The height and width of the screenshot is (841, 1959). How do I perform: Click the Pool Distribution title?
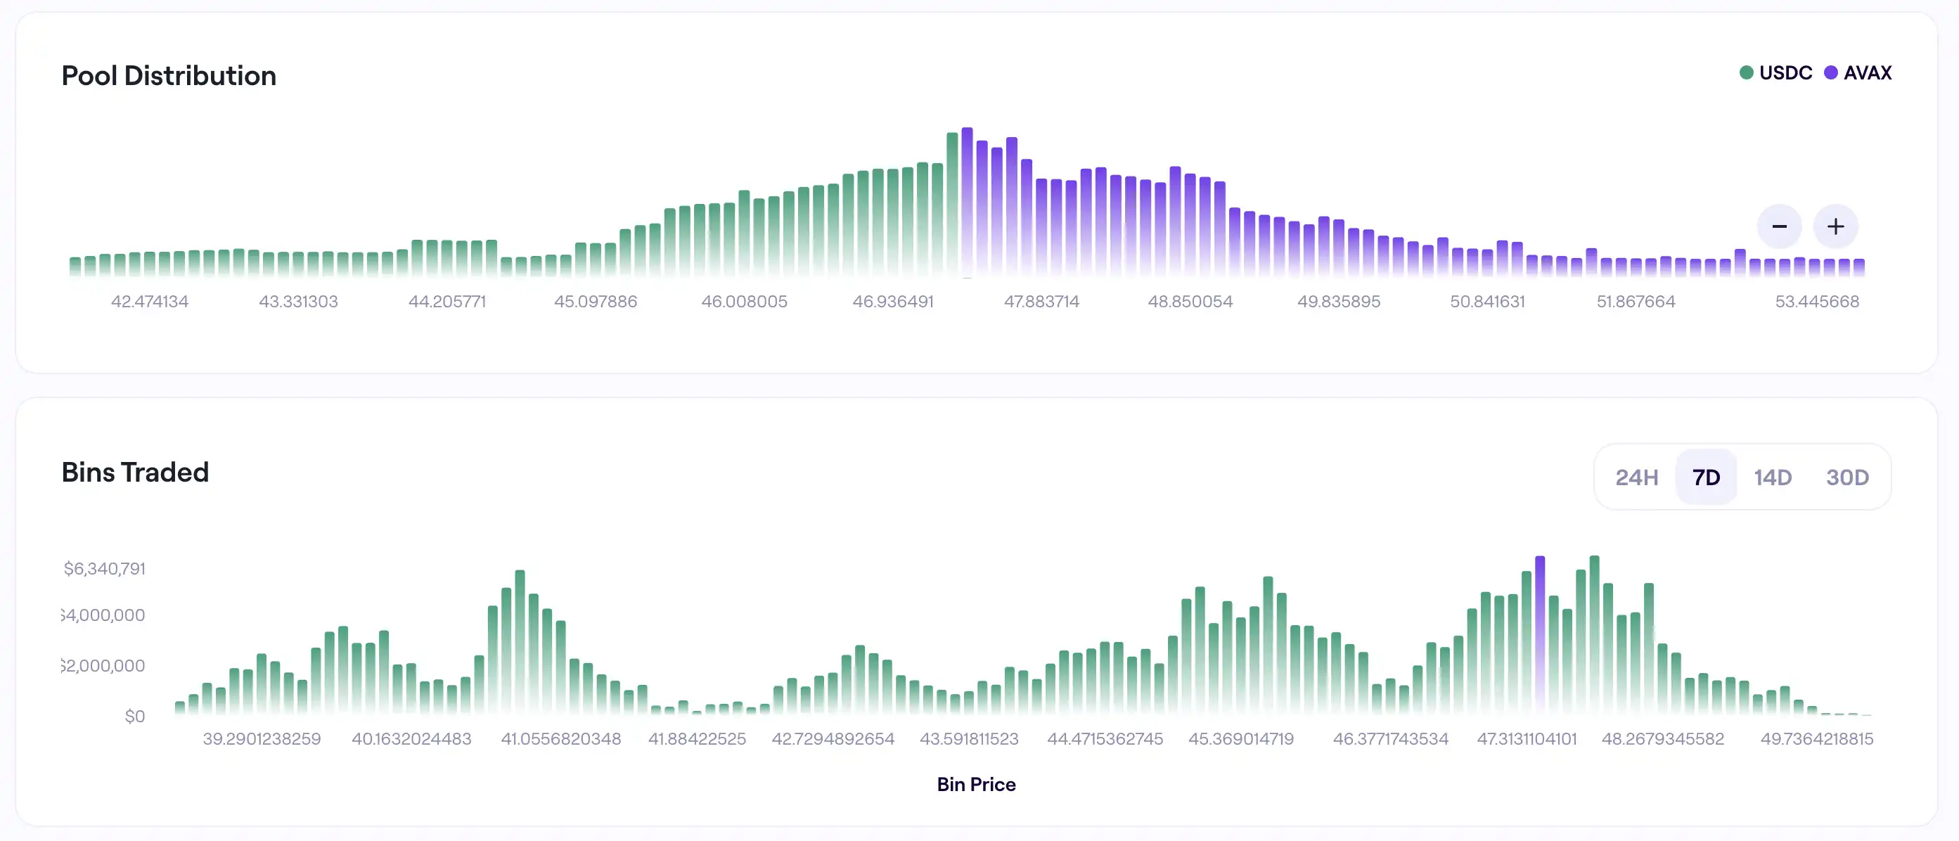pyautogui.click(x=168, y=75)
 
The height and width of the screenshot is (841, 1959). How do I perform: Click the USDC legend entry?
pyautogui.click(x=1775, y=73)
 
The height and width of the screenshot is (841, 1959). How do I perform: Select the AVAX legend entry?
pyautogui.click(x=1858, y=73)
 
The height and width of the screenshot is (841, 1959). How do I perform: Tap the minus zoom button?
pyautogui.click(x=1779, y=226)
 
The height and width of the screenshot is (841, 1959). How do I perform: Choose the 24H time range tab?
pyautogui.click(x=1636, y=477)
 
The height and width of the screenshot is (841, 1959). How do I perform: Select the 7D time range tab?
pyautogui.click(x=1706, y=477)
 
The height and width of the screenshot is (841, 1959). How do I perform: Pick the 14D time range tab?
pyautogui.click(x=1773, y=477)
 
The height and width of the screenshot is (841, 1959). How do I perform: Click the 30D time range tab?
pyautogui.click(x=1847, y=477)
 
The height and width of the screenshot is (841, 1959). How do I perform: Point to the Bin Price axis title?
pyautogui.click(x=976, y=784)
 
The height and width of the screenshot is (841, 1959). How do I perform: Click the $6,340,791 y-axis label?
pyautogui.click(x=104, y=569)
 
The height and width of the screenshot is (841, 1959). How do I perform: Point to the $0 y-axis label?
pyautogui.click(x=134, y=717)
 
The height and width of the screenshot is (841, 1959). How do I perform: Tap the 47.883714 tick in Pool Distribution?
pyautogui.click(x=1041, y=301)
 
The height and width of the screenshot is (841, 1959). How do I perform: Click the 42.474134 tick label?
pyautogui.click(x=150, y=301)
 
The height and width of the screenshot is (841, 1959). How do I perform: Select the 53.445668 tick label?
pyautogui.click(x=1817, y=301)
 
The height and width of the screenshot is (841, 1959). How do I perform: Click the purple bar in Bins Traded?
pyautogui.click(x=1540, y=635)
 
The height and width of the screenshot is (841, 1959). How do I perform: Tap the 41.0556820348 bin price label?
pyautogui.click(x=560, y=738)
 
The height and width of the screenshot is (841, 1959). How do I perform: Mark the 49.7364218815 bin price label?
pyautogui.click(x=1817, y=738)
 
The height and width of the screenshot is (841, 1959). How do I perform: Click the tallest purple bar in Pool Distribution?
pyautogui.click(x=968, y=202)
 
